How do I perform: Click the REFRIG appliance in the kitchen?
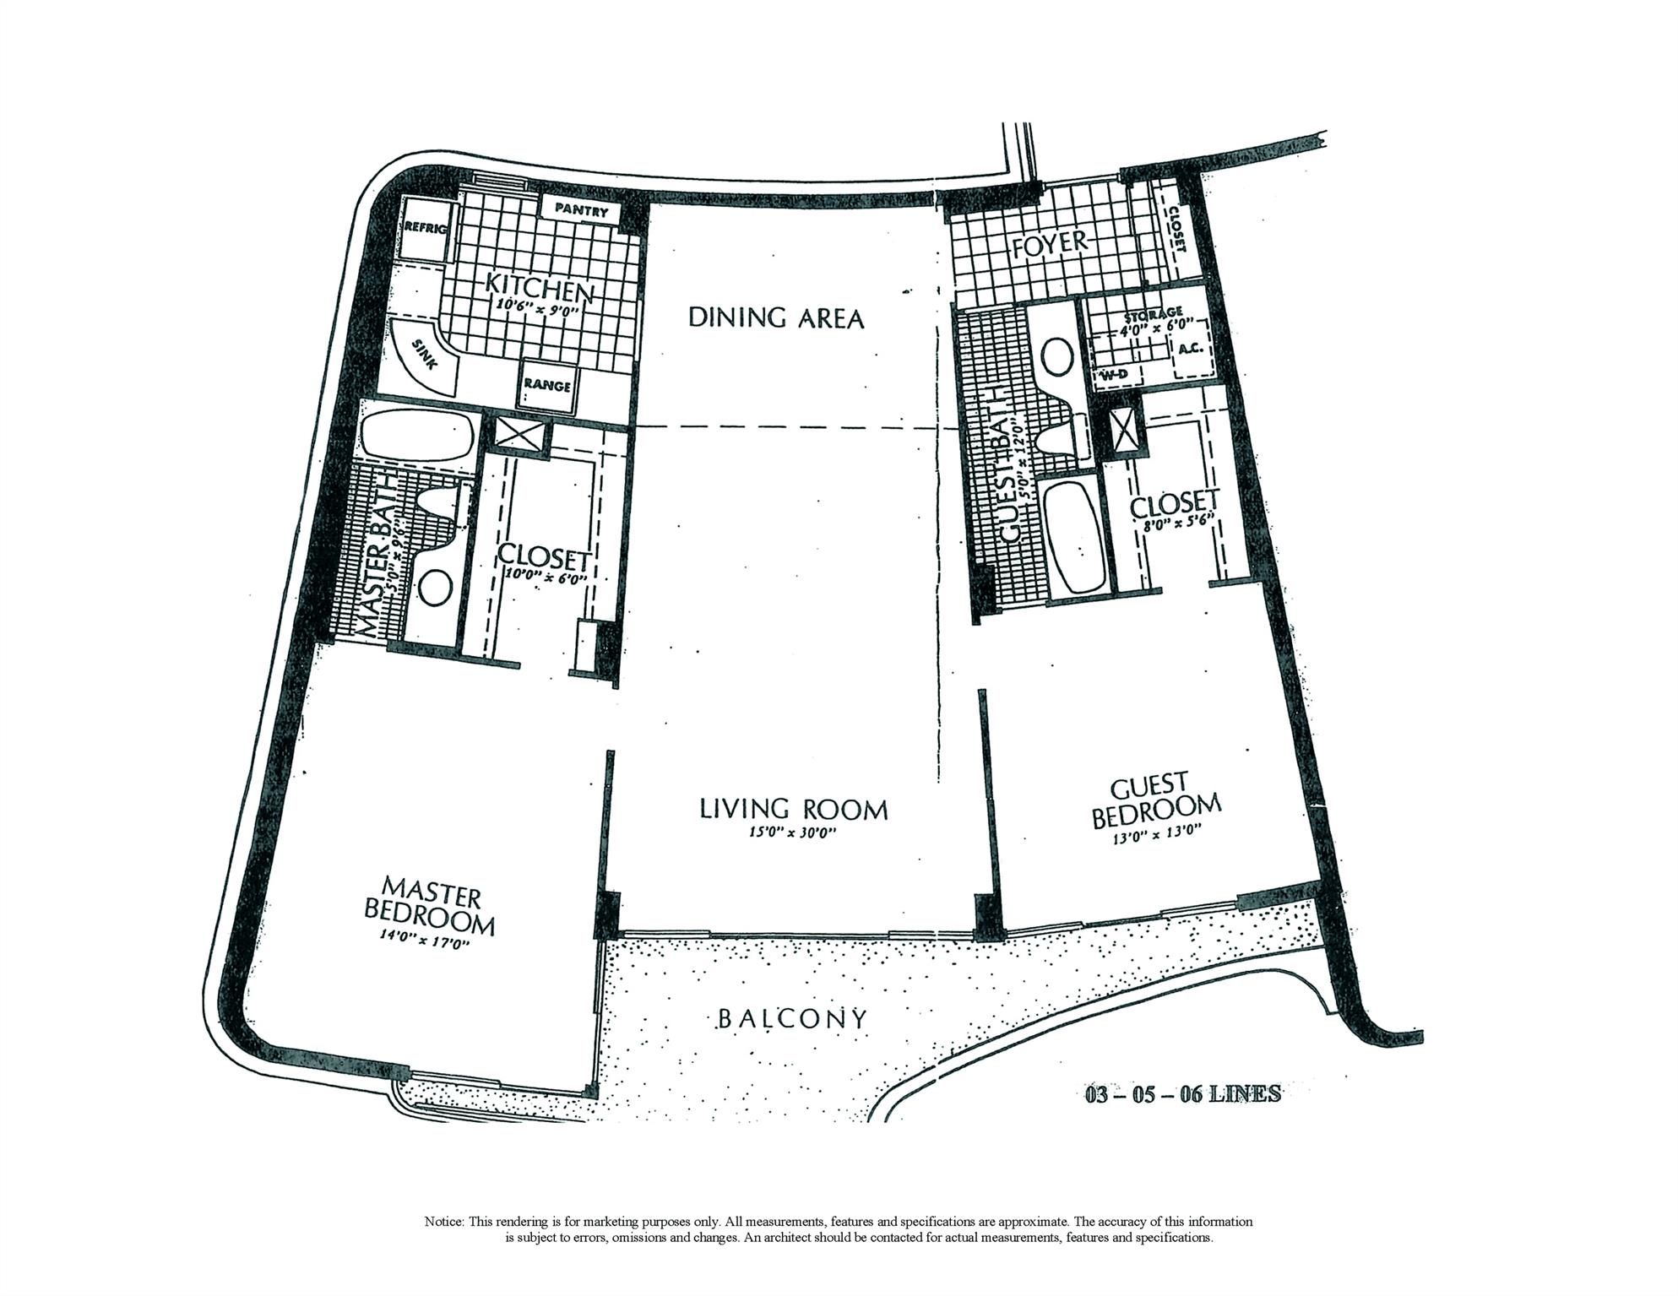pos(421,228)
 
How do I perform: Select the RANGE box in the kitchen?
pos(548,385)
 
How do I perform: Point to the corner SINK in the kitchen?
pos(426,355)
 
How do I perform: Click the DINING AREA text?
pos(776,317)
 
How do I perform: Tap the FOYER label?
pos(1050,243)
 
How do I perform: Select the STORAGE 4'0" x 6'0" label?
pos(1154,318)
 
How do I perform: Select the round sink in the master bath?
pos(436,585)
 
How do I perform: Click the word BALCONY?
pos(791,1019)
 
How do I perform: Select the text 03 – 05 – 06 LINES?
pos(1182,1095)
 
